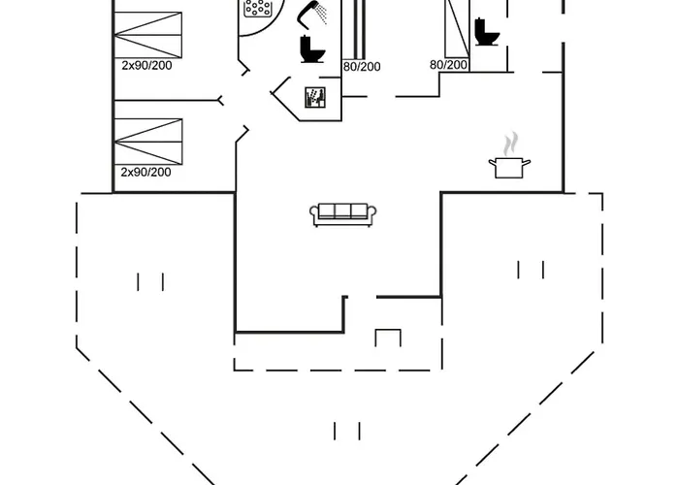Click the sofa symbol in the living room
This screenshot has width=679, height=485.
342,214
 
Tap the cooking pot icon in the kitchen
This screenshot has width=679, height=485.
509,168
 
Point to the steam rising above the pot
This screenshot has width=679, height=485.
510,144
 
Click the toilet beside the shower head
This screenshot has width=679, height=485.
311,48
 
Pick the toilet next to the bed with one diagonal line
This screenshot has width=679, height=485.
487,32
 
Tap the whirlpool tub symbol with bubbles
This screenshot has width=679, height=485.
259,8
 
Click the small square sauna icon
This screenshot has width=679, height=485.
315,97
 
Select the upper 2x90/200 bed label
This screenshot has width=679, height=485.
146,65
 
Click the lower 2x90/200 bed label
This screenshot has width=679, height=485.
145,172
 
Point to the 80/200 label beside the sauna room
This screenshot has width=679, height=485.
362,67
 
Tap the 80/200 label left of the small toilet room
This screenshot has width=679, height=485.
448,65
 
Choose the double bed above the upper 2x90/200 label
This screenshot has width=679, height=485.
147,35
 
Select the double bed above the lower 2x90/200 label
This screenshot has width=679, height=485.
148,142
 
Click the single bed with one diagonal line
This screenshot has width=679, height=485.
457,28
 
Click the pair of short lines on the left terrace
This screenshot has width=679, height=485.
150,282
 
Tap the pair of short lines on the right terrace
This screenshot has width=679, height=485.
531,270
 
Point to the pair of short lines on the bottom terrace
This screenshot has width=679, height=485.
347,431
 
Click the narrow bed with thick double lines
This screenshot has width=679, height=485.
360,29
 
